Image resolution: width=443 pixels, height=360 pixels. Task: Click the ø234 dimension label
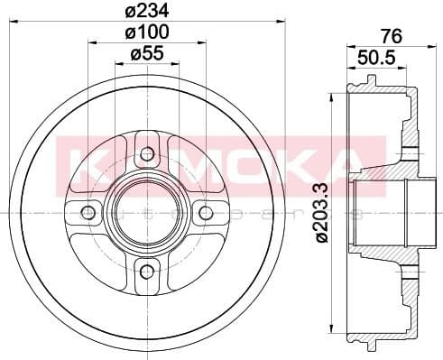pyautogui.click(x=147, y=12)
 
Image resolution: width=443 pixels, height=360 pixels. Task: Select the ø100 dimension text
pyautogui.click(x=147, y=32)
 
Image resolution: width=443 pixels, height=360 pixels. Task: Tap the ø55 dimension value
pyautogui.click(x=147, y=54)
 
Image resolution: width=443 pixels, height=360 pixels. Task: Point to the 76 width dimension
pyautogui.click(x=391, y=36)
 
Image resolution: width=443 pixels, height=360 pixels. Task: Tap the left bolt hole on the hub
pyautogui.click(x=88, y=213)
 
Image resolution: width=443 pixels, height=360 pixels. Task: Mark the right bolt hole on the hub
pyautogui.click(x=206, y=213)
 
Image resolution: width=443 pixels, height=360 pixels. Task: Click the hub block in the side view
pyautogui.click(x=383, y=213)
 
